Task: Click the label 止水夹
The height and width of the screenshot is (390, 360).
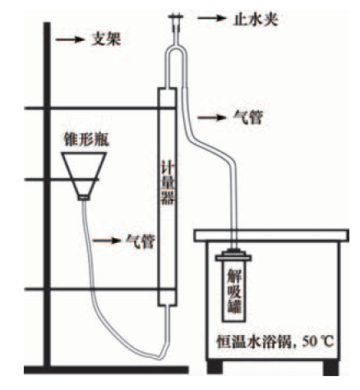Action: point(256,20)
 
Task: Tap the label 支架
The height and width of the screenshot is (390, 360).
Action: point(106,39)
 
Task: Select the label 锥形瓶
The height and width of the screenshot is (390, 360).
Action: point(86,140)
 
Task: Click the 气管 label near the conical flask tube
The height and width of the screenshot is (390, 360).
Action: point(141,241)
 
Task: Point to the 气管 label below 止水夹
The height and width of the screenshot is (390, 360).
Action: point(248,117)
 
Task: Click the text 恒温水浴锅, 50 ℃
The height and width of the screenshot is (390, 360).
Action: point(275,342)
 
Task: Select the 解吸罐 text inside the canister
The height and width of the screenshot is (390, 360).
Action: point(234,291)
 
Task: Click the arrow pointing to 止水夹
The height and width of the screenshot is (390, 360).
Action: point(212,18)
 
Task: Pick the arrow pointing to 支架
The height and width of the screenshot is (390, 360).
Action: point(70,39)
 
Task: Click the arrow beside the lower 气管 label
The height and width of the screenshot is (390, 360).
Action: point(107,241)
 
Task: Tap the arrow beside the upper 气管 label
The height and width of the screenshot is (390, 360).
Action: point(212,117)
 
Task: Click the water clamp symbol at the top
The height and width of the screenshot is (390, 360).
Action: point(176,23)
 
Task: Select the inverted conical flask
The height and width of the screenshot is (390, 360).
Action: point(84,175)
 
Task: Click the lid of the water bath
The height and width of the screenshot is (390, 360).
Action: point(271,236)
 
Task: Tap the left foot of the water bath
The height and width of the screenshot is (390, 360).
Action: point(215,368)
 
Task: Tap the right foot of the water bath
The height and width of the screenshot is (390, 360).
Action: point(331,368)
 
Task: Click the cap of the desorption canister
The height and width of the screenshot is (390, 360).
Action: point(233,255)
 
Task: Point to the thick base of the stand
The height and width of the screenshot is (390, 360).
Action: point(106,369)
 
